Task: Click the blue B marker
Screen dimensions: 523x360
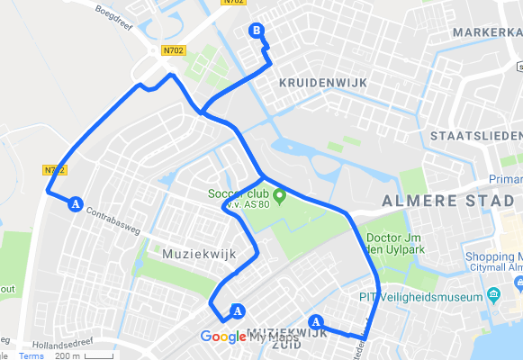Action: click(257, 32)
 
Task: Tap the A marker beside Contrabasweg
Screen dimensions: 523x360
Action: click(76, 203)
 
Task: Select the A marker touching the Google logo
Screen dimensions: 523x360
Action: click(238, 311)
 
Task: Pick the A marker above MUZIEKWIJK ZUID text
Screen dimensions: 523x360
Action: click(315, 321)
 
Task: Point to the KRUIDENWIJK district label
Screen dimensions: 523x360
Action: click(317, 83)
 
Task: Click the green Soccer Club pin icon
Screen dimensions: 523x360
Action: click(279, 195)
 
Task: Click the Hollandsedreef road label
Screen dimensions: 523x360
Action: click(63, 344)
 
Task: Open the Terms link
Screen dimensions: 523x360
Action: click(32, 355)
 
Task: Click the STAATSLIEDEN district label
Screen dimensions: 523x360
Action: click(475, 135)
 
